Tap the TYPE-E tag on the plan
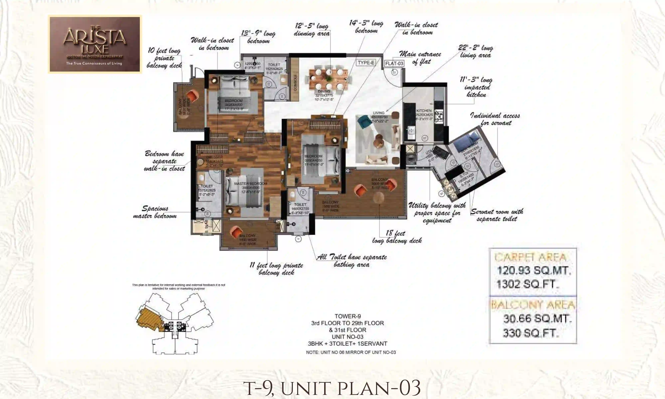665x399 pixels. [x=366, y=63]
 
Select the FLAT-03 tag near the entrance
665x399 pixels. [x=394, y=64]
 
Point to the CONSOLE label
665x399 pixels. [x=295, y=82]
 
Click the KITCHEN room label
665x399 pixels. [x=424, y=111]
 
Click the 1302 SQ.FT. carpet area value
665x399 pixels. [x=527, y=284]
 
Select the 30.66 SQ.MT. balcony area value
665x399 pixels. [x=537, y=319]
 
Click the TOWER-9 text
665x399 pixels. [x=348, y=316]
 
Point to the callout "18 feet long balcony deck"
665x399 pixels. [x=397, y=237]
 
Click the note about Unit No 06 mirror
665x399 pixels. [x=351, y=352]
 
